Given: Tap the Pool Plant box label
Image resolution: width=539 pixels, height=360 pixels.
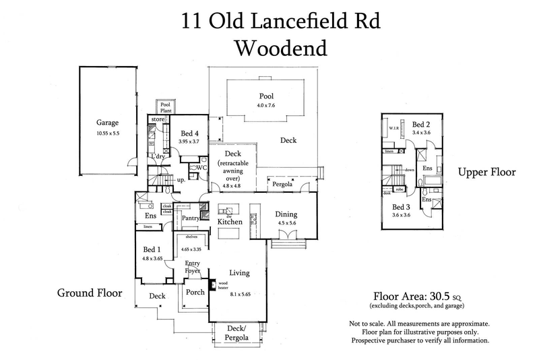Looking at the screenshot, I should click(x=165, y=107).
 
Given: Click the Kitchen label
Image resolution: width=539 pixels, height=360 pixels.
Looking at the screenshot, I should click(x=230, y=221).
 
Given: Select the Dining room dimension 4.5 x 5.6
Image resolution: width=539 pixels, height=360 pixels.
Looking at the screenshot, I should click(x=287, y=224).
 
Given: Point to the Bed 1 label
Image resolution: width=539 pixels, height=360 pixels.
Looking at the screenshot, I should click(x=151, y=248).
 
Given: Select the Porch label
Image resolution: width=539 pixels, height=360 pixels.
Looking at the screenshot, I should click(x=195, y=292).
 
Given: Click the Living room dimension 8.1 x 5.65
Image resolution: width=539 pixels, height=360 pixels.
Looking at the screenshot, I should click(x=241, y=295).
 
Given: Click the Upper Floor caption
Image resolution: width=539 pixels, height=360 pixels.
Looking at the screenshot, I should click(x=486, y=173).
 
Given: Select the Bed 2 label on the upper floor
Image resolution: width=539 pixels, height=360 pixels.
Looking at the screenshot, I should click(x=421, y=125).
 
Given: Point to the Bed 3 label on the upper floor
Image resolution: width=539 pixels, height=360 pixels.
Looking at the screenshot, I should click(x=402, y=207).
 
